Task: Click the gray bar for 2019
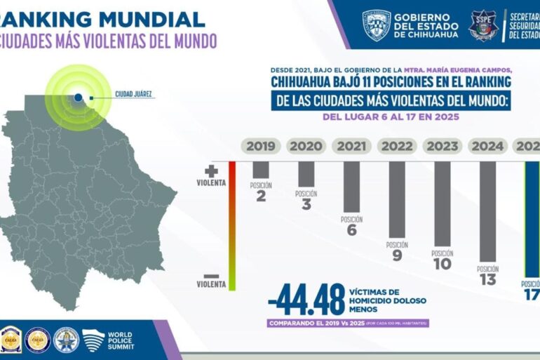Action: point(261,169)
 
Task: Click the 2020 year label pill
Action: point(306,146)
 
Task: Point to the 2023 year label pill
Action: point(442,146)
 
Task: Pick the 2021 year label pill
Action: point(351,146)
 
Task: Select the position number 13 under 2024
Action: point(487,280)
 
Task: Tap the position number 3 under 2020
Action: point(306,204)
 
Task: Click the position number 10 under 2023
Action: point(442,264)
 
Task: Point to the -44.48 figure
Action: point(306,300)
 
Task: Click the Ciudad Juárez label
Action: point(133,93)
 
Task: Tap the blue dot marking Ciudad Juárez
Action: point(79,98)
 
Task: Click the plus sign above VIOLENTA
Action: point(211,171)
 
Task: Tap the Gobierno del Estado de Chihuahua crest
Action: point(376,25)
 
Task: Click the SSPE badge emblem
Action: point(483,25)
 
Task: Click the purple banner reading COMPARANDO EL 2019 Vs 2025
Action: point(348,324)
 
